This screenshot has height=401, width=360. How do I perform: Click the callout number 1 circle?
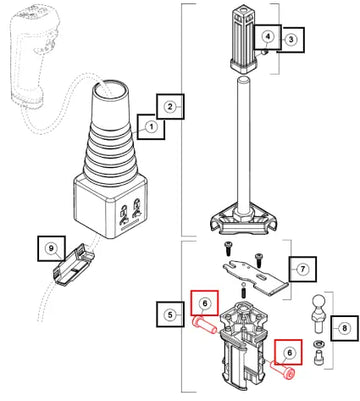151,127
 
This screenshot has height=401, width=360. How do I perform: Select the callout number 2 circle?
170,107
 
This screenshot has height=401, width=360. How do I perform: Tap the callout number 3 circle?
291,40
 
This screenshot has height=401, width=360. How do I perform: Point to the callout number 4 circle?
268,36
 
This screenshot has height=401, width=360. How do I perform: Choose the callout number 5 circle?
170,315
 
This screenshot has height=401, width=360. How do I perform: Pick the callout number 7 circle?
303,269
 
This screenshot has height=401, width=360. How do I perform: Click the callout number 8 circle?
344,328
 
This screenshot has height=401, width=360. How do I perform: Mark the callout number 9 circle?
51,248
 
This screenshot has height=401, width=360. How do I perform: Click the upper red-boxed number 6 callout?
205,303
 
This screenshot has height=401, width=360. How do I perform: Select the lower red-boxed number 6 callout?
289,352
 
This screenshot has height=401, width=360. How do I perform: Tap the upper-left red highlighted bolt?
204,324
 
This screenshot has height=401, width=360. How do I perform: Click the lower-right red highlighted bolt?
282,370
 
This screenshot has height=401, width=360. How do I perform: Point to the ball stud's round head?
318,302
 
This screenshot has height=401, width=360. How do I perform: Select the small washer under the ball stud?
318,343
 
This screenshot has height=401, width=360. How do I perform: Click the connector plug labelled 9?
73,265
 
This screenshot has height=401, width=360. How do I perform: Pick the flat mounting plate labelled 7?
256,276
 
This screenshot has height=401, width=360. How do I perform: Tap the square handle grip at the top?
246,40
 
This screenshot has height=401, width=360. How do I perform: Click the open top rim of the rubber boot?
110,88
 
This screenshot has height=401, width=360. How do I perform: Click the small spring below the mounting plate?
244,293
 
